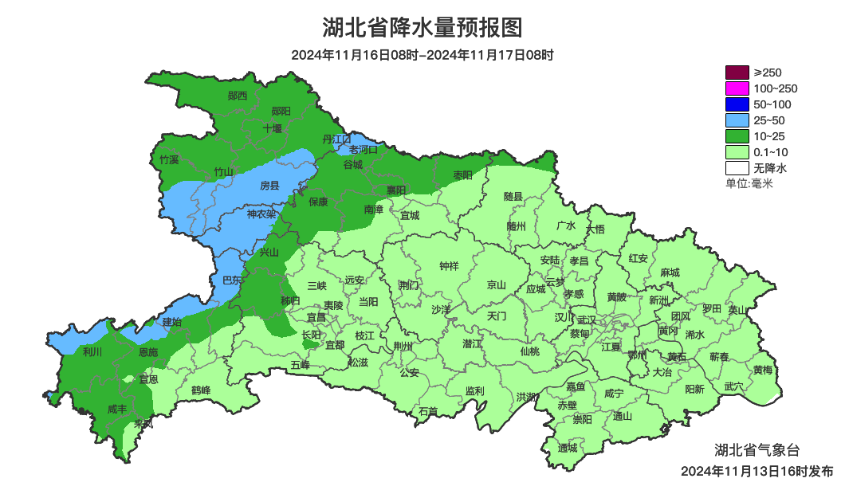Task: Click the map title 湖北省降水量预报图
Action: click(422, 28)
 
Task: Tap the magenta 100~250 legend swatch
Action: click(737, 88)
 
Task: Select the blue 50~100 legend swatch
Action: click(737, 104)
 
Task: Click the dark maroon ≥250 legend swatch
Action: click(737, 73)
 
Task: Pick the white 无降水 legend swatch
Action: click(737, 168)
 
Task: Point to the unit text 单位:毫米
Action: click(749, 184)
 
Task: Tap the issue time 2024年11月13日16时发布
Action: click(757, 471)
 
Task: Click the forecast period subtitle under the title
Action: click(422, 55)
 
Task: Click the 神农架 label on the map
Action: click(261, 214)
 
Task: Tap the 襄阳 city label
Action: click(396, 190)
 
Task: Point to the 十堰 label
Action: click(273, 128)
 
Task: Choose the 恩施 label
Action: click(148, 351)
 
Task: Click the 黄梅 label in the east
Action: click(762, 370)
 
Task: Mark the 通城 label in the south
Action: click(568, 447)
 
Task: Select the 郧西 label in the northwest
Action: click(238, 96)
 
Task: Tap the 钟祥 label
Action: click(450, 266)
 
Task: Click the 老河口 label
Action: click(364, 149)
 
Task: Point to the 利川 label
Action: click(92, 351)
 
